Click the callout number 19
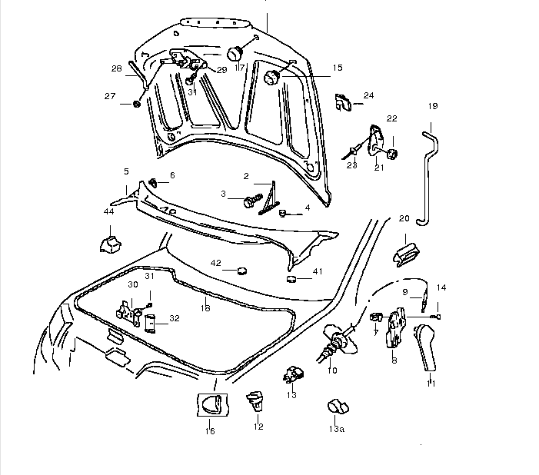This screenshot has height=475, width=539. click(x=432, y=105)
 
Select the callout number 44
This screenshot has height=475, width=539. click(x=108, y=211)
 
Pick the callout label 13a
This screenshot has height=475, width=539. click(x=336, y=430)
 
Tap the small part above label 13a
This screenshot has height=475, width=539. click(x=336, y=406)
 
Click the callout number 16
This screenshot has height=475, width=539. click(x=211, y=431)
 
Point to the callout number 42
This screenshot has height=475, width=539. click(x=216, y=263)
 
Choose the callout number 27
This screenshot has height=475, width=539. click(x=109, y=96)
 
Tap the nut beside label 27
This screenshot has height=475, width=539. click(x=136, y=103)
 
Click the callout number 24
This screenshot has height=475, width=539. click(x=368, y=95)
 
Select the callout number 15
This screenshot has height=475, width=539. click(x=337, y=68)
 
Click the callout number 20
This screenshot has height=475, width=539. click(x=404, y=218)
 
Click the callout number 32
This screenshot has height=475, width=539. click(x=175, y=317)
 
